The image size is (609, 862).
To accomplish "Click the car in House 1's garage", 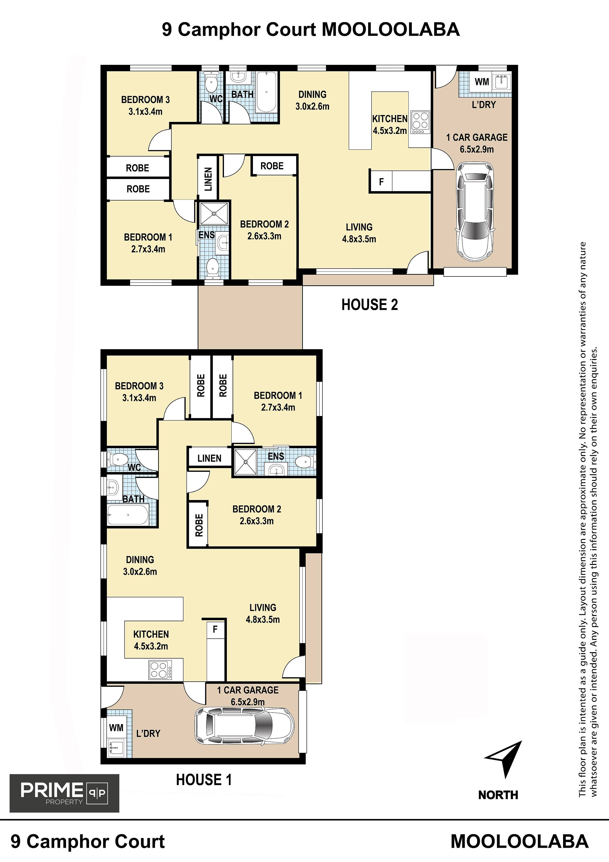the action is (x=245, y=726).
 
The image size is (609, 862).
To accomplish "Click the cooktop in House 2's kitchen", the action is (x=420, y=122).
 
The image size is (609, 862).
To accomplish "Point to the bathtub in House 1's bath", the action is (x=128, y=515).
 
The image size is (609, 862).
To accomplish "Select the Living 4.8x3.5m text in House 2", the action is (x=359, y=233).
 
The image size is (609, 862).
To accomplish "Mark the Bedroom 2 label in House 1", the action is (x=257, y=515).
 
